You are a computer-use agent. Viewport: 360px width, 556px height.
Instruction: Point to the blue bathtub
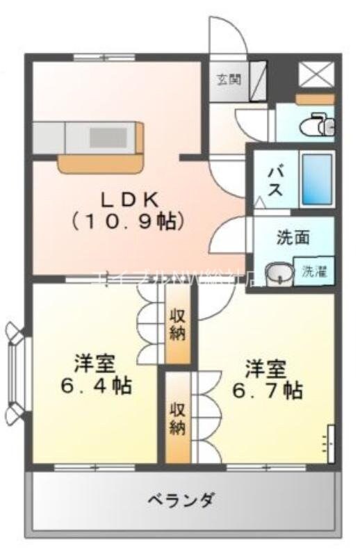(x=317, y=179)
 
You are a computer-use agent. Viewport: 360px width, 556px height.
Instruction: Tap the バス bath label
(x=276, y=180)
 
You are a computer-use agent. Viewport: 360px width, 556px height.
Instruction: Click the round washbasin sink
(x=279, y=273)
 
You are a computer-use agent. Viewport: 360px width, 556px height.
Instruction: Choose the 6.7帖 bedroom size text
(x=268, y=391)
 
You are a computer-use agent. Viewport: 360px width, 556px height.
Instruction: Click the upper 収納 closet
(x=178, y=324)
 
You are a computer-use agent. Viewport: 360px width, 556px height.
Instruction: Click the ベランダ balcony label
(x=181, y=500)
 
